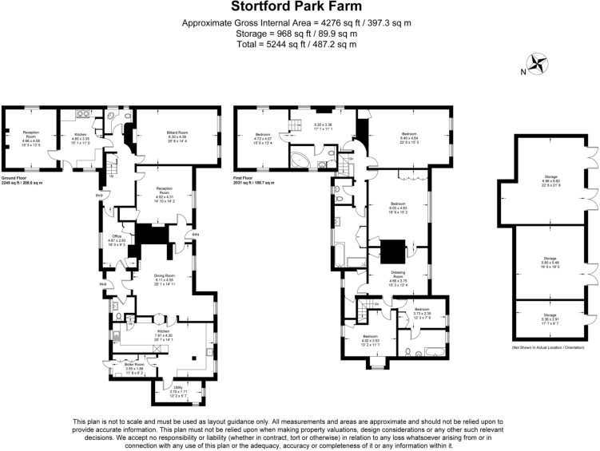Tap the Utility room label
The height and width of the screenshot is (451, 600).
(x=178, y=391)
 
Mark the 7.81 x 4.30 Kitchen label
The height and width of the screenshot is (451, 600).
(x=163, y=334)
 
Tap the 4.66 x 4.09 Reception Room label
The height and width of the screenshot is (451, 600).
(x=31, y=136)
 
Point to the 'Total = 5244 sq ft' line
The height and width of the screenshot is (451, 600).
(x=300, y=45)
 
